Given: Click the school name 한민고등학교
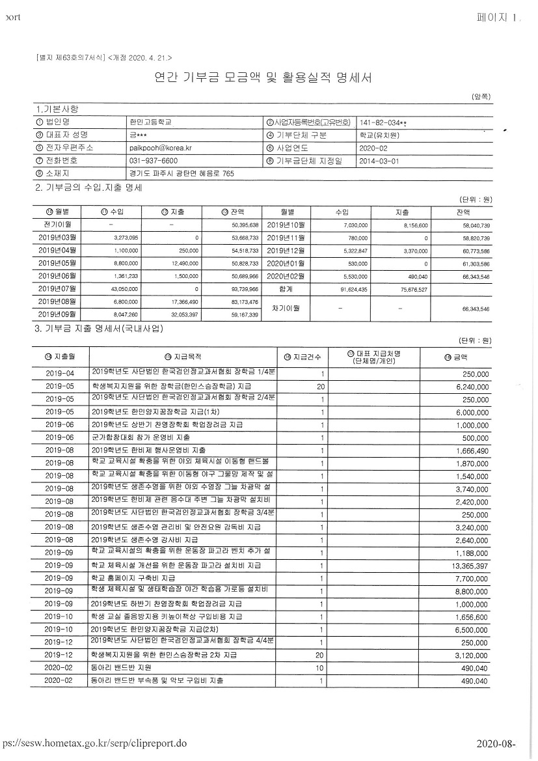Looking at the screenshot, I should pyautogui.click(x=151, y=122).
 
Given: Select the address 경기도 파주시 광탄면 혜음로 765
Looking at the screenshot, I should pyautogui.click(x=182, y=174).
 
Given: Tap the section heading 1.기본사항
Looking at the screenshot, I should pyautogui.click(x=60, y=108).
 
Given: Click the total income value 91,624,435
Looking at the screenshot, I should pyautogui.click(x=354, y=288).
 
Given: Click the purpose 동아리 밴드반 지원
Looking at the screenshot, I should pyautogui.click(x=122, y=668).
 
